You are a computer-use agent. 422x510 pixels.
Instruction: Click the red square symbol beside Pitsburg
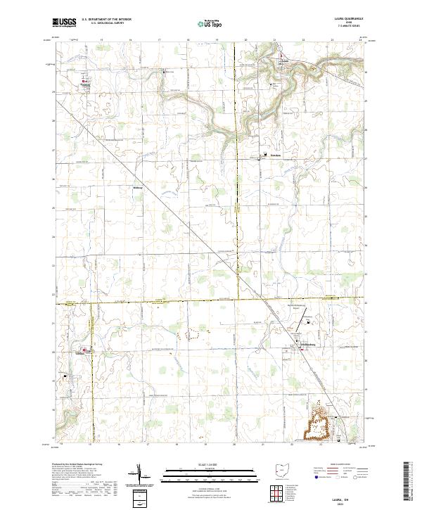click(83, 82)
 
